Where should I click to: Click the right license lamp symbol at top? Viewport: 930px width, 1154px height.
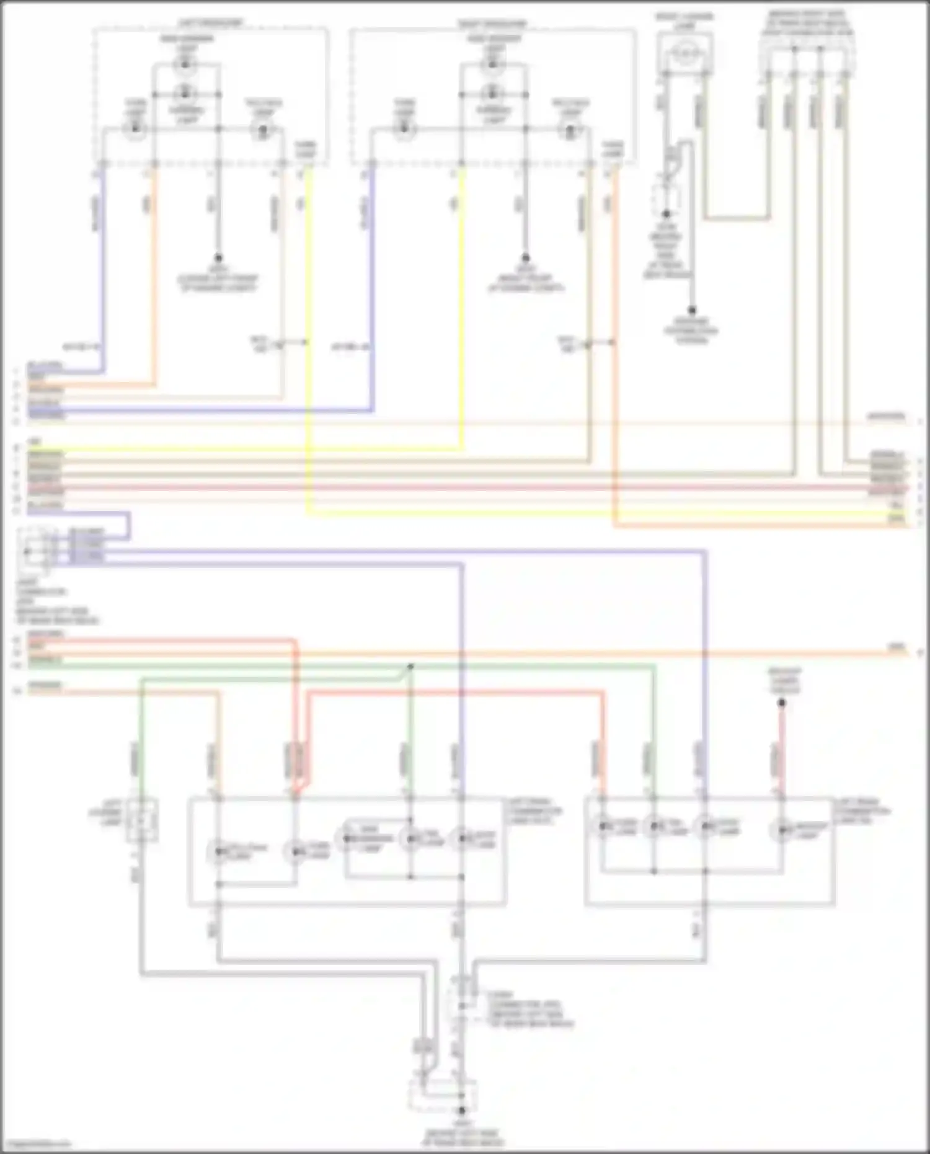point(684,53)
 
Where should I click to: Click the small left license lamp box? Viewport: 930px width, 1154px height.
point(141,820)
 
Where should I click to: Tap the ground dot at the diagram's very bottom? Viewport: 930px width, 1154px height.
point(461,1111)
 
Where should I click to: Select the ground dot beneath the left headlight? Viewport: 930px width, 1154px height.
point(218,257)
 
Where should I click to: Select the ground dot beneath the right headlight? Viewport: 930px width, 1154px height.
point(525,257)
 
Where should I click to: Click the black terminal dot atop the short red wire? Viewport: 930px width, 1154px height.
point(782,703)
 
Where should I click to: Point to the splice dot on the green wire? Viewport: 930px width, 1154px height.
point(410,667)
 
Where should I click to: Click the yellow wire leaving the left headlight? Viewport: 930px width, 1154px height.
point(308,310)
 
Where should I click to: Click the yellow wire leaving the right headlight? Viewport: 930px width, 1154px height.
point(462,310)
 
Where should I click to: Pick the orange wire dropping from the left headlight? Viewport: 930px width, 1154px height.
point(155,279)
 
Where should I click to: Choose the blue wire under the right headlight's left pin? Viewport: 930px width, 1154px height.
point(372,279)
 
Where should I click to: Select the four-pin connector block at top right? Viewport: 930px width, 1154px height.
point(806,50)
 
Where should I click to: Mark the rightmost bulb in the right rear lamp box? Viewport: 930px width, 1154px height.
point(782,829)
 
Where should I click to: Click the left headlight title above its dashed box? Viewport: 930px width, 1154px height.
point(211,24)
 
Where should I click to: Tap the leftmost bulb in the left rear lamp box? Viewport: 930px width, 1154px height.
point(218,853)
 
